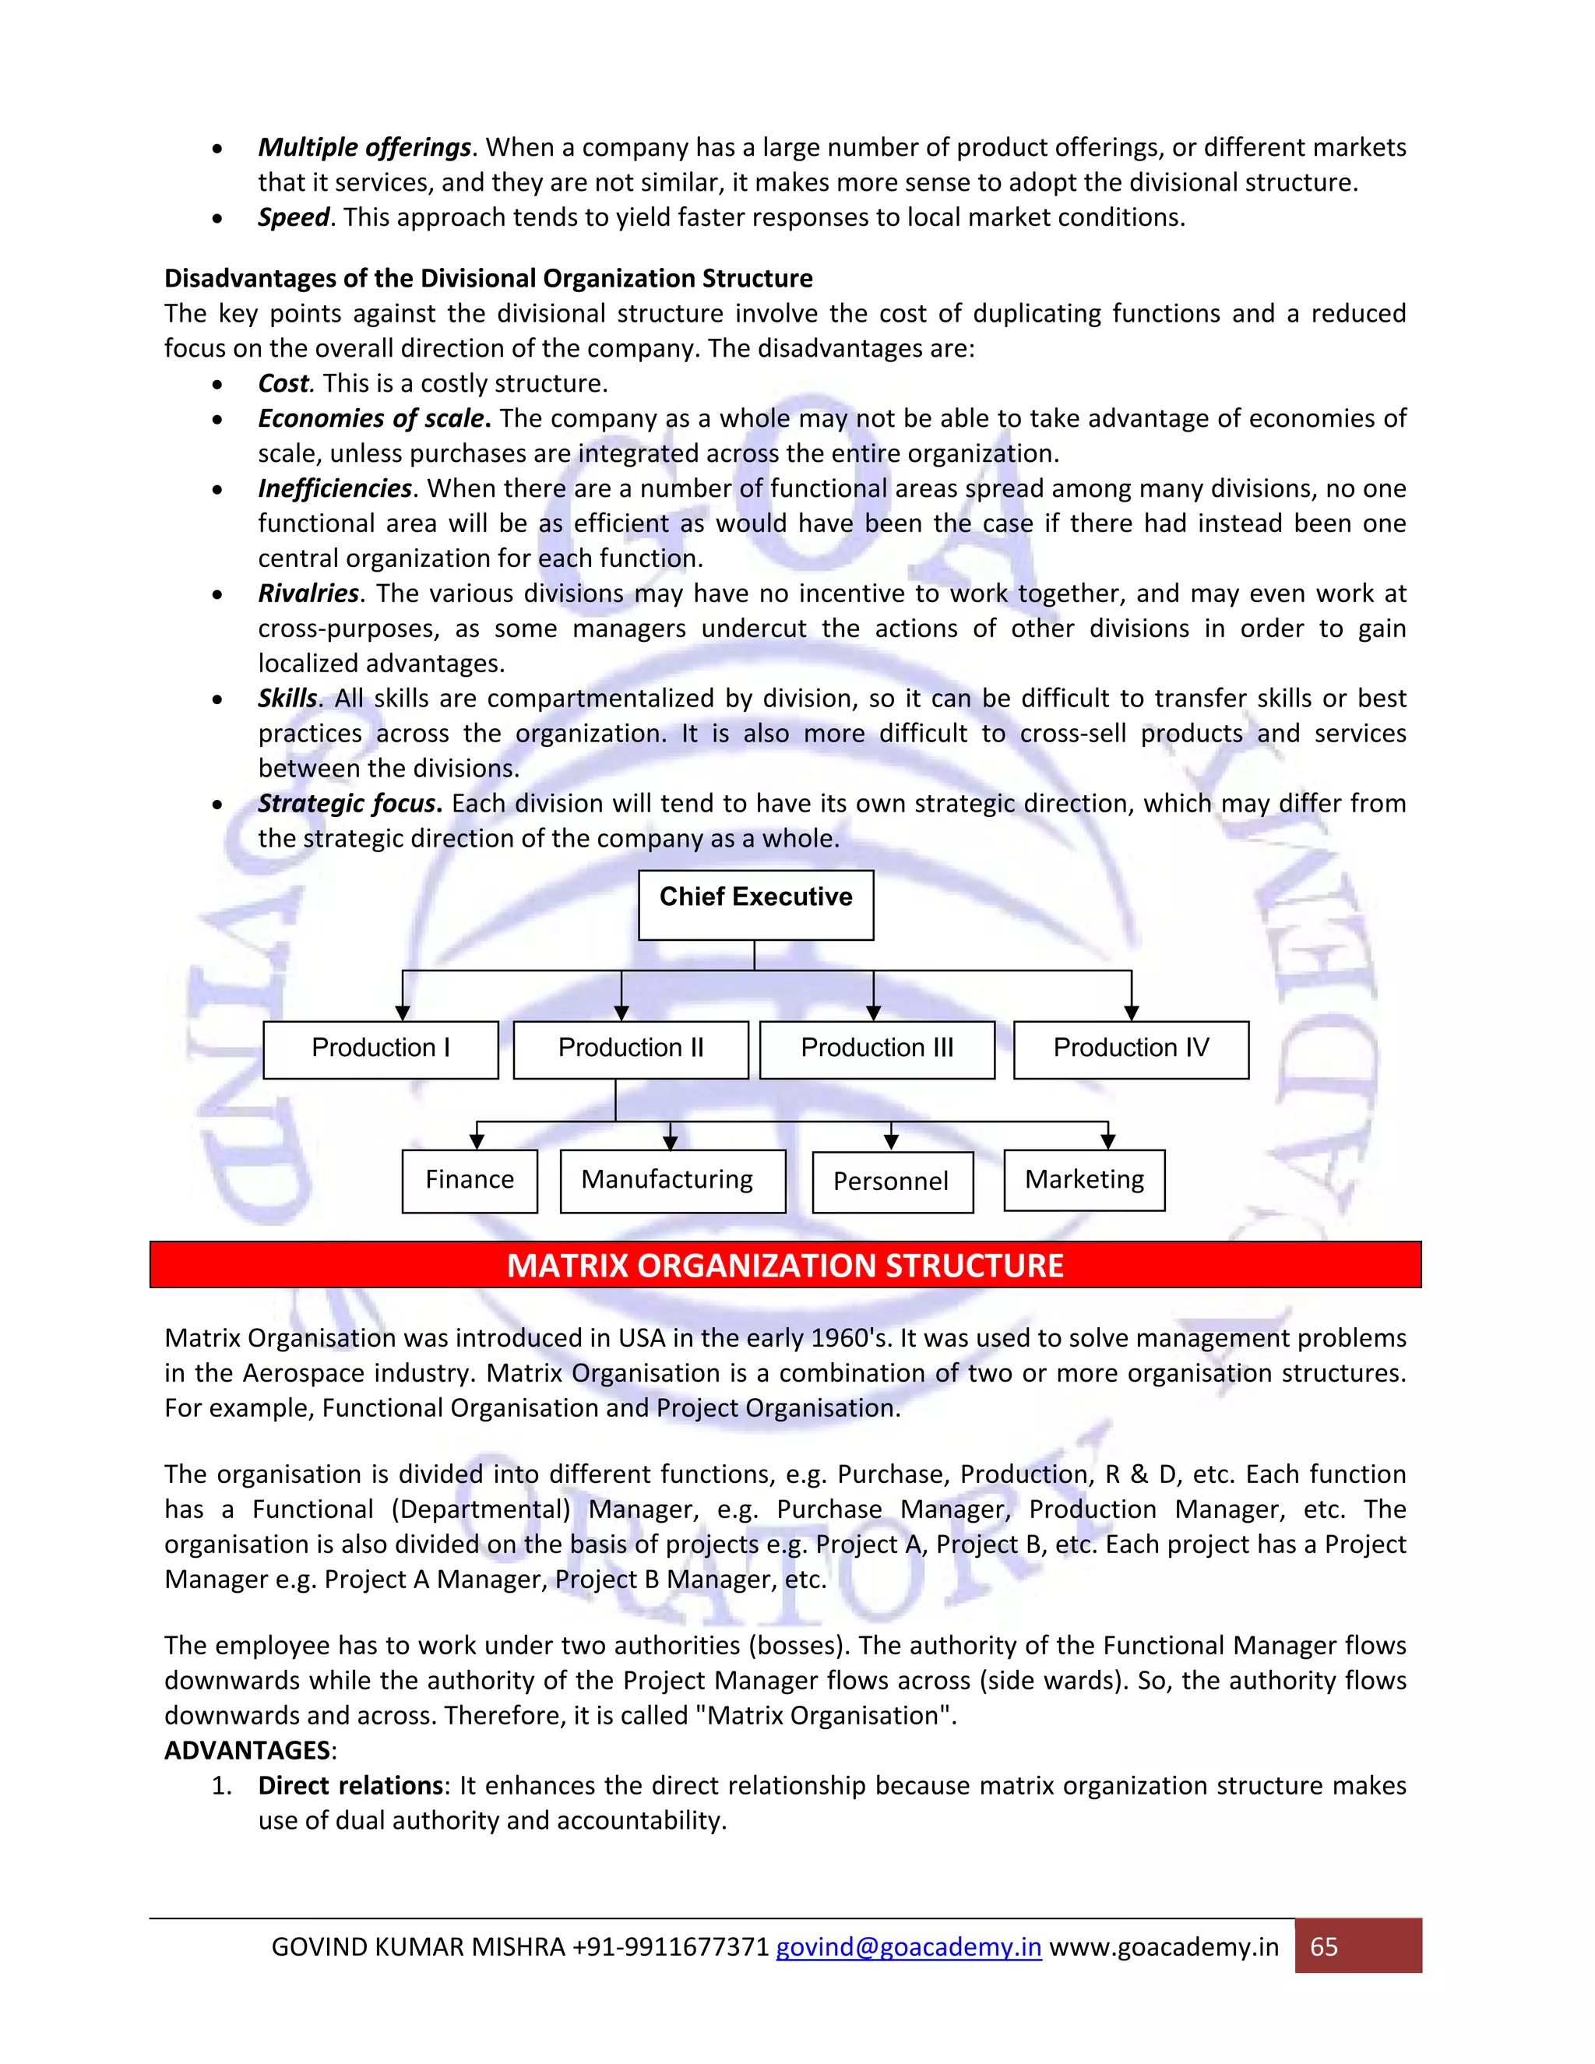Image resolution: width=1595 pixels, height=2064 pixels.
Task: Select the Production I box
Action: [380, 1049]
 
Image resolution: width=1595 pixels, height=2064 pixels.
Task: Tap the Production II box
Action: [630, 1049]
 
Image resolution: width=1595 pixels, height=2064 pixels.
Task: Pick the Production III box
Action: [876, 1049]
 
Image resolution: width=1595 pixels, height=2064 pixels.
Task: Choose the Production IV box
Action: [1130, 1049]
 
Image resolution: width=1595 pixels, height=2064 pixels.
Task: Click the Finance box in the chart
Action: [469, 1180]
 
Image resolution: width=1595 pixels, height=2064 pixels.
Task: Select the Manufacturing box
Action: [672, 1180]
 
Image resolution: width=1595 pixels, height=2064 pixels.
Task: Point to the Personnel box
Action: [892, 1182]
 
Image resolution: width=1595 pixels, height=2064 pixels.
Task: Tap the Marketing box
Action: [1084, 1179]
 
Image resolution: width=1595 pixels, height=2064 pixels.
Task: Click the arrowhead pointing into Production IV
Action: [1131, 1013]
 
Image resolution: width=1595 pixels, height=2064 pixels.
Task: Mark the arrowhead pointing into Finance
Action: [477, 1142]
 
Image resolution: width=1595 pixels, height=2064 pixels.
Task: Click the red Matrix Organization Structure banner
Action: [784, 1264]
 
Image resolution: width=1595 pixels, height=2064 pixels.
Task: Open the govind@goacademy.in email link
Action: [908, 1947]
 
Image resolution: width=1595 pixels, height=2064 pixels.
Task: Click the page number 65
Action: [1324, 1947]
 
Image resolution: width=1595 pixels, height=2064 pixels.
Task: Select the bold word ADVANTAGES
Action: [248, 1750]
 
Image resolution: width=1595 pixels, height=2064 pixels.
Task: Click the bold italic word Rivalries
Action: [308, 593]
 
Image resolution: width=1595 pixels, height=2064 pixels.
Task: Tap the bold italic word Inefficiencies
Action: [334, 488]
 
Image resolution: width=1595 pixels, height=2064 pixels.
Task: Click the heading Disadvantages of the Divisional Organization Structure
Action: [488, 279]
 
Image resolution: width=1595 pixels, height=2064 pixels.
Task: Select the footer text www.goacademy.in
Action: [1164, 1947]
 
